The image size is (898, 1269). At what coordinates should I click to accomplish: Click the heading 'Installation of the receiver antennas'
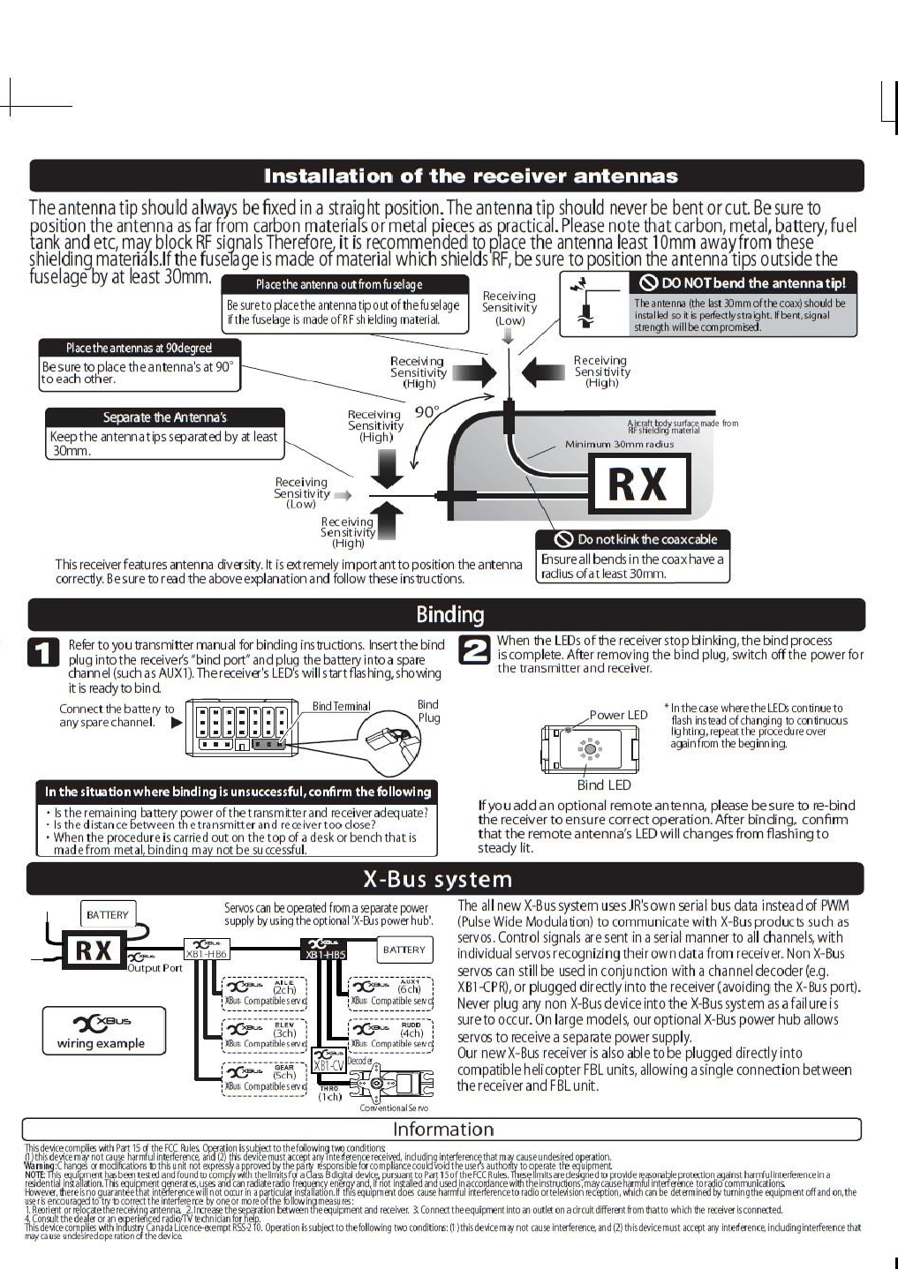point(471,176)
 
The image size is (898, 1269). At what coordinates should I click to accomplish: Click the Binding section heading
point(449,614)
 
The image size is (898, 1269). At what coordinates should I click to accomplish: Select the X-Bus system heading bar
point(437,879)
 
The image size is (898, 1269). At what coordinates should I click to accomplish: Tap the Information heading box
point(442,1129)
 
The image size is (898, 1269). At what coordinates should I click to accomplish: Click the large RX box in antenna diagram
point(638,484)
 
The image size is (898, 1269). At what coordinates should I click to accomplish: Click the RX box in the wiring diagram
point(94,950)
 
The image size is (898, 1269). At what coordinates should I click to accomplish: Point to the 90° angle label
point(426,412)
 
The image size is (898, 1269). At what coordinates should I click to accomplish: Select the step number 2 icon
point(475,650)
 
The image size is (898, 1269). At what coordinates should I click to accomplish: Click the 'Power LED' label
point(618,715)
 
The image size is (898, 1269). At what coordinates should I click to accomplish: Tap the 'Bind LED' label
point(604,785)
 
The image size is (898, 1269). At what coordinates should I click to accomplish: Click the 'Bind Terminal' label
point(341,707)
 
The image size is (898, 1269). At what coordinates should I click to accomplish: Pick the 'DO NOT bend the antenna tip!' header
point(744,282)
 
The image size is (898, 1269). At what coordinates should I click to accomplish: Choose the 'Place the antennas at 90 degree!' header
point(139,348)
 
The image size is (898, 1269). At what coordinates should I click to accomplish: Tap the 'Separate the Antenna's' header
point(164,417)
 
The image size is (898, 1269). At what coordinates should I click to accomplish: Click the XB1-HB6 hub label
point(206,954)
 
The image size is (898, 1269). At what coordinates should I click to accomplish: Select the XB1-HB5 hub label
point(325,954)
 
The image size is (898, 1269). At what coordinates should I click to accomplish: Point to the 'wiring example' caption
point(101,1043)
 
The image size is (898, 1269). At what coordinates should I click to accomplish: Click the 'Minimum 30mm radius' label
point(619,445)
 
